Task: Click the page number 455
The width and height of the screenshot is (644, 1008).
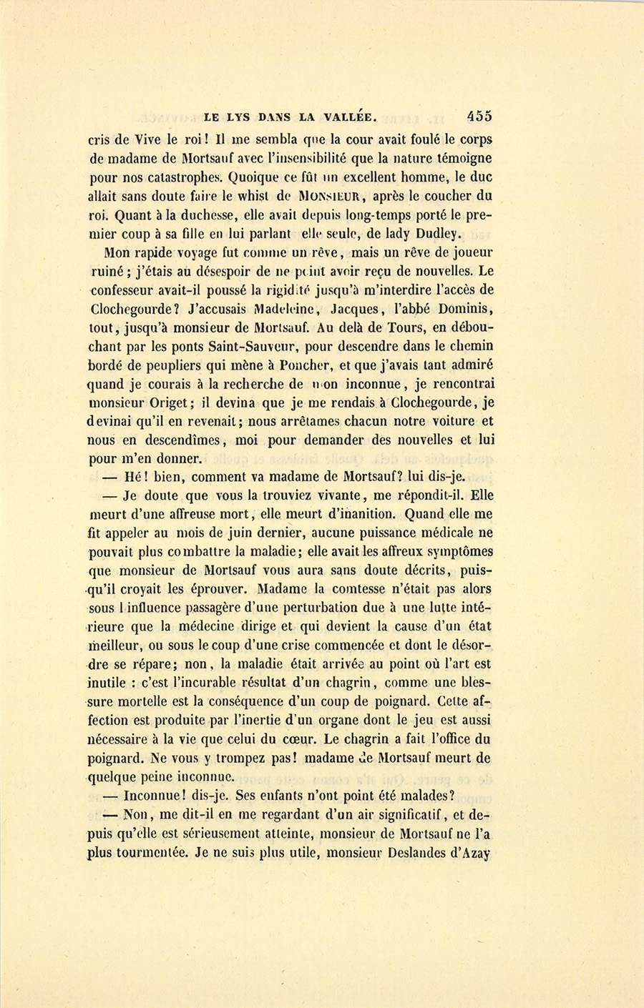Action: pos(479,116)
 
